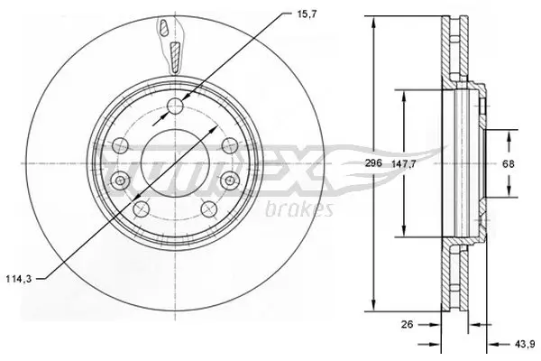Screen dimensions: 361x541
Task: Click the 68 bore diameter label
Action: point(509,163)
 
